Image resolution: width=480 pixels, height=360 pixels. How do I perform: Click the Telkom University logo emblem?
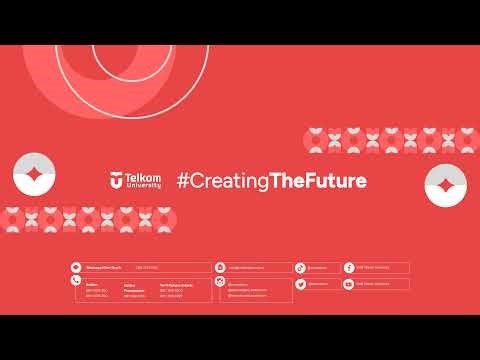[x=117, y=180]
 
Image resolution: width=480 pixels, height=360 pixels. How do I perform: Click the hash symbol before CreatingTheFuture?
[x=183, y=181]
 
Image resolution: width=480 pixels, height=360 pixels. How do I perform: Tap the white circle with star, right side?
[x=445, y=184]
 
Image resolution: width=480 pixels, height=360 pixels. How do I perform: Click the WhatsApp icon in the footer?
[x=76, y=267]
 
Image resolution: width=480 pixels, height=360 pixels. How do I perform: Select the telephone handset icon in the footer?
[x=76, y=283]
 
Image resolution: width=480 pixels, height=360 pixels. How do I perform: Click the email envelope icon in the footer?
[x=224, y=267]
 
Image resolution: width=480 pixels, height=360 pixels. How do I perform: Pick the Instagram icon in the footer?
[x=224, y=284]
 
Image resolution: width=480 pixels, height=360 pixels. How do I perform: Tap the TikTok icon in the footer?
[x=300, y=267]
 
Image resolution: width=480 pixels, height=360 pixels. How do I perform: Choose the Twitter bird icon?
[x=300, y=284]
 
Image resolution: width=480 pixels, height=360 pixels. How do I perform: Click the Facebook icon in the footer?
[x=349, y=267]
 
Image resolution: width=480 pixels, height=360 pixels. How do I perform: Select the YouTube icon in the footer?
[x=349, y=284]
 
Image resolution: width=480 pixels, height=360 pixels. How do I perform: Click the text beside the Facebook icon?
[x=375, y=267]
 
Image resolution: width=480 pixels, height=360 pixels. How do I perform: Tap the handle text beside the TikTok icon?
[x=317, y=267]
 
